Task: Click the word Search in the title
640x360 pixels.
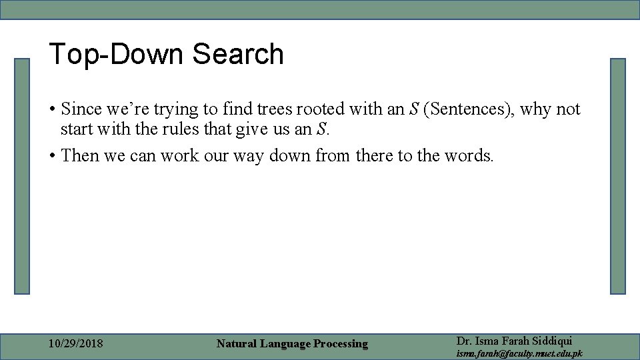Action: [238, 54]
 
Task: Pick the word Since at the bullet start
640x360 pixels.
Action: [81, 109]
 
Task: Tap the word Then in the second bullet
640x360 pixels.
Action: [79, 155]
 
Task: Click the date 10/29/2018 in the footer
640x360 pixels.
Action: [76, 344]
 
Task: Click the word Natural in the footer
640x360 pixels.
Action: [237, 344]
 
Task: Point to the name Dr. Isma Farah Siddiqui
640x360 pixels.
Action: [514, 341]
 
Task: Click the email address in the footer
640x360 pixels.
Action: [519, 353]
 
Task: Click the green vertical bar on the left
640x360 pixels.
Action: [23, 176]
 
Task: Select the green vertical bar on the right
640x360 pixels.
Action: [618, 176]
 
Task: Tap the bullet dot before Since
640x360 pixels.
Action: [52, 109]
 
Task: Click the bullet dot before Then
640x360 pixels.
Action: [52, 156]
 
